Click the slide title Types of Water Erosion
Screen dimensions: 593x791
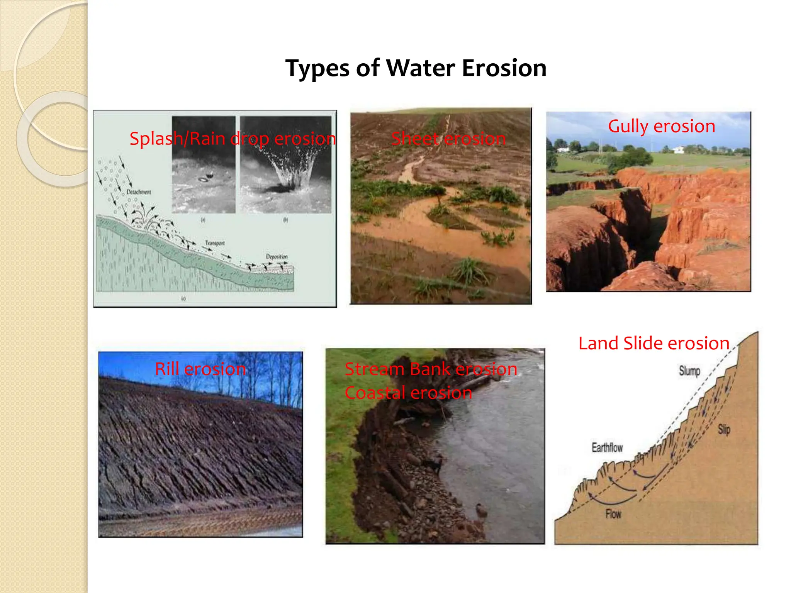coord(416,68)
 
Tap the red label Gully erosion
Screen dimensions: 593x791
coord(661,126)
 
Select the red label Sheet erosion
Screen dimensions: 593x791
coord(448,139)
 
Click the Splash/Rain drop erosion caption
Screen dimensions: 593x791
coord(233,139)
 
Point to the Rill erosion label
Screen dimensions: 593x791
coord(200,369)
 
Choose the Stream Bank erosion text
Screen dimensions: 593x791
coord(431,369)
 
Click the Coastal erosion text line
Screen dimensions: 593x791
coord(408,393)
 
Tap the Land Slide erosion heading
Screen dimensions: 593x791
coord(654,343)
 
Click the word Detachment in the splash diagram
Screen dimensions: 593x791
coord(139,192)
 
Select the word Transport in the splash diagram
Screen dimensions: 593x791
coord(215,243)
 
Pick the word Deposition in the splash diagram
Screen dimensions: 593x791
coord(277,256)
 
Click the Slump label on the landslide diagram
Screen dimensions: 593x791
coord(689,371)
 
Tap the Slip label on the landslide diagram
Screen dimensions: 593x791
coord(724,429)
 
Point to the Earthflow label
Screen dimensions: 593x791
coord(607,447)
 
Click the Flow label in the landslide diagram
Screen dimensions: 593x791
coord(613,514)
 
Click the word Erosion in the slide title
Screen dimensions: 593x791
coord(504,68)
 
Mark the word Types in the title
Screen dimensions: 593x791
coord(317,69)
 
